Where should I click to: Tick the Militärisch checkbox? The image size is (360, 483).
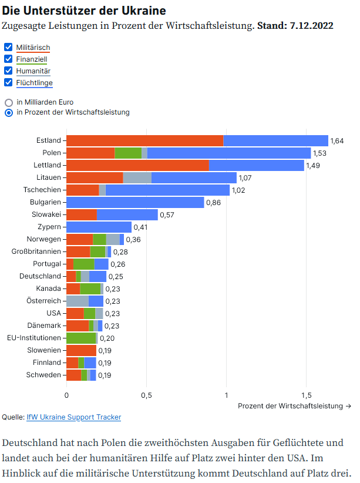(x=8, y=47)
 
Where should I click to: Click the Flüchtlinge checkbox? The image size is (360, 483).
(x=8, y=82)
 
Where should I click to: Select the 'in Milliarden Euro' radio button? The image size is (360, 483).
(x=9, y=102)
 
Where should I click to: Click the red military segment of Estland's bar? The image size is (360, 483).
(x=144, y=140)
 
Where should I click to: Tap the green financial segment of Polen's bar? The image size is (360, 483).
(x=128, y=153)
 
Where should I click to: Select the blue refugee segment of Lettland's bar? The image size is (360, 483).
(x=256, y=165)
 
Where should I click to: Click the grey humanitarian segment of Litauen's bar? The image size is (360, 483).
(x=137, y=177)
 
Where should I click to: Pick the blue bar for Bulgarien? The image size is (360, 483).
(x=135, y=202)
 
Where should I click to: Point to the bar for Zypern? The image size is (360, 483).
(x=99, y=227)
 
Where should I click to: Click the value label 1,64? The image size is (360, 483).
(x=337, y=141)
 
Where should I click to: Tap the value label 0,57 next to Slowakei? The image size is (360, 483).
(x=167, y=215)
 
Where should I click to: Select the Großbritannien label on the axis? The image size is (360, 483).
(x=36, y=251)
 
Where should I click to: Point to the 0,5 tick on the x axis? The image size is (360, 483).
(x=146, y=395)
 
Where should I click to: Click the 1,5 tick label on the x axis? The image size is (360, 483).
(x=306, y=395)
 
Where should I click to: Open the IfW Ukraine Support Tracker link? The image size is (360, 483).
(x=73, y=417)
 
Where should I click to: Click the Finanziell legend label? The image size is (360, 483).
(x=32, y=59)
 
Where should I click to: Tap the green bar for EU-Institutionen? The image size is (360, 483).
(x=81, y=338)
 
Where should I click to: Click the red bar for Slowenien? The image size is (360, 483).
(x=81, y=350)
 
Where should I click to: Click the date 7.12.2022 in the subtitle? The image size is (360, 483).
(x=311, y=26)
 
